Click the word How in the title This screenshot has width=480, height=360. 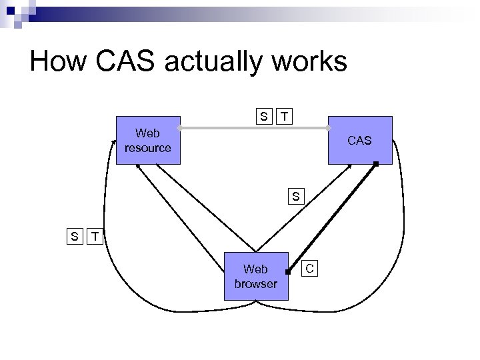click(x=57, y=62)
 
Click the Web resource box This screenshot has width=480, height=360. click(x=147, y=140)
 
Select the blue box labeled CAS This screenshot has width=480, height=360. click(x=360, y=140)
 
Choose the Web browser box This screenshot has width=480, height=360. click(x=255, y=275)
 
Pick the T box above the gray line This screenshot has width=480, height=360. click(x=285, y=117)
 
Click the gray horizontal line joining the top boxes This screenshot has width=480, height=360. click(x=253, y=128)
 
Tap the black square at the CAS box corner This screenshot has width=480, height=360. click(x=376, y=163)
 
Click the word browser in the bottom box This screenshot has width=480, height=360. click(x=255, y=283)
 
